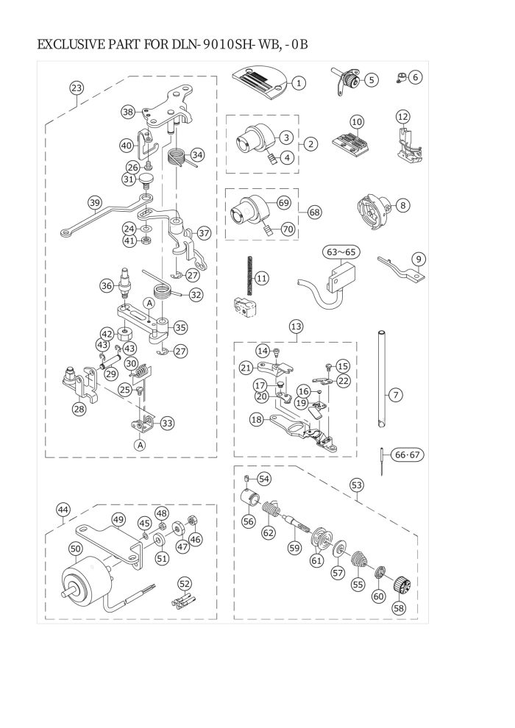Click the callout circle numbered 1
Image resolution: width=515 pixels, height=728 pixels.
click(299, 83)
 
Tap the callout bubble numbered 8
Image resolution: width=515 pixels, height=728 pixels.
click(402, 204)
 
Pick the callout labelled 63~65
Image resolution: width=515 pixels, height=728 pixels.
click(341, 252)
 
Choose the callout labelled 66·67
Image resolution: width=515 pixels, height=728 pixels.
click(407, 454)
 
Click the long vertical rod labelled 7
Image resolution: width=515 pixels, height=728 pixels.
click(381, 379)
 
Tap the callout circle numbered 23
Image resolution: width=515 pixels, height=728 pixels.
click(77, 88)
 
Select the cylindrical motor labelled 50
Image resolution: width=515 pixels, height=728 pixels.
click(88, 584)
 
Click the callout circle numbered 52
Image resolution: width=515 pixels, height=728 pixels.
click(185, 583)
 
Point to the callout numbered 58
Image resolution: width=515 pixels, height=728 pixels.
click(399, 607)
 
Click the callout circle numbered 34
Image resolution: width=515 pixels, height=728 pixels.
click(197, 154)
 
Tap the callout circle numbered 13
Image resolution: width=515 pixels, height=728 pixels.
click(296, 326)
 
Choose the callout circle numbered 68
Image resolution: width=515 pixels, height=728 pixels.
click(314, 213)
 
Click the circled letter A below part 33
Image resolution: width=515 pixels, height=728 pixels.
click(141, 444)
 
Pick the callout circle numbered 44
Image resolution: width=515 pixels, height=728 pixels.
click(63, 510)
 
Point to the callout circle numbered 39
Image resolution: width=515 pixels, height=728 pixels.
click(95, 203)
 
